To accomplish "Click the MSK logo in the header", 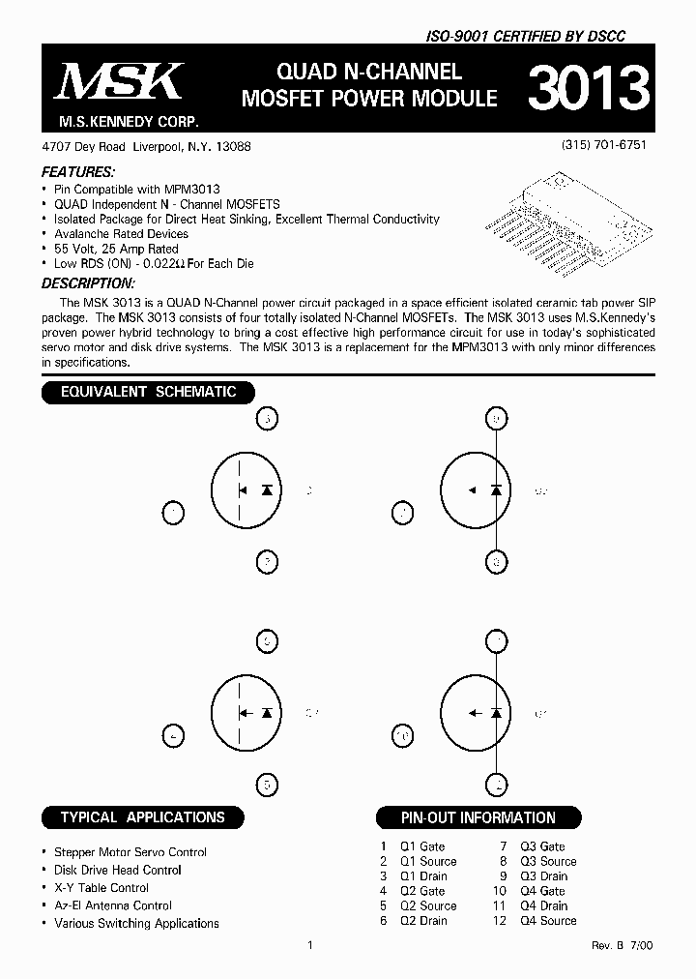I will [118, 83].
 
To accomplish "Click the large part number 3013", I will [586, 89].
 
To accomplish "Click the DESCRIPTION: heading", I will [87, 283].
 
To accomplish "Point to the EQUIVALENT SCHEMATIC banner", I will [148, 392].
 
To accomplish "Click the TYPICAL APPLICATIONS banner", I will [142, 817].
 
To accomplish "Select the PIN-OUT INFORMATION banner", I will [478, 817].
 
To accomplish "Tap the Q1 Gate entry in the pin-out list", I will [422, 846].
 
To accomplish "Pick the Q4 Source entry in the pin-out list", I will [548, 921].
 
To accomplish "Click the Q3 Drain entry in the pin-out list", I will [543, 876].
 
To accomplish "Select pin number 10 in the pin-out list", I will [499, 891].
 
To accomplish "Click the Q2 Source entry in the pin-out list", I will [428, 906].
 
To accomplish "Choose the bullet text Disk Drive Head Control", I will [118, 870].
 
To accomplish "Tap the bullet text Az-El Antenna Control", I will [113, 905].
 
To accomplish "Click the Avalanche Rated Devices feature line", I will [121, 234].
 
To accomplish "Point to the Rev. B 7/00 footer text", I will [623, 945].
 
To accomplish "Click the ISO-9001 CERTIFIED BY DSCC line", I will [526, 36].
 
